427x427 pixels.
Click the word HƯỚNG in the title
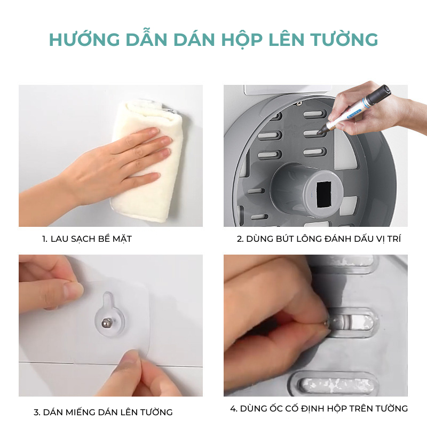pos(84,39)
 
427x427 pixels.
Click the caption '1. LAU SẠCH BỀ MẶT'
pos(87,239)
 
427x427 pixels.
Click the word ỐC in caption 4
pos(275,408)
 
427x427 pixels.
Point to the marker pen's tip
pos(319,132)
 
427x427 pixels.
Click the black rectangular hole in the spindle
pos(323,194)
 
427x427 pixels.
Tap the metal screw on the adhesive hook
pos(105,323)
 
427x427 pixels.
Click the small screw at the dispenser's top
pos(299,103)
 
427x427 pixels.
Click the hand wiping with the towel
pos(114,163)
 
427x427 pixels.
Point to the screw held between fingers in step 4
pos(328,324)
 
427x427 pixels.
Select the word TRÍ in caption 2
pos(394,239)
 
